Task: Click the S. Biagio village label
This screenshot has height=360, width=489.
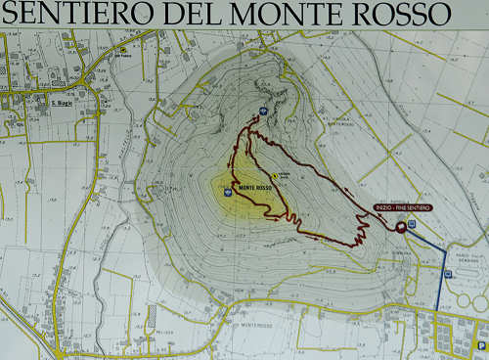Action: click(63, 103)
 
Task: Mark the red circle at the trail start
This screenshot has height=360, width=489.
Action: click(400, 226)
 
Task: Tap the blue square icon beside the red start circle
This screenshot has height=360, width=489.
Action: click(412, 224)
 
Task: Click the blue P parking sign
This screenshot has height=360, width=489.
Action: click(480, 344)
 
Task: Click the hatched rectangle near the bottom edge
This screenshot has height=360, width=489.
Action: click(151, 315)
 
